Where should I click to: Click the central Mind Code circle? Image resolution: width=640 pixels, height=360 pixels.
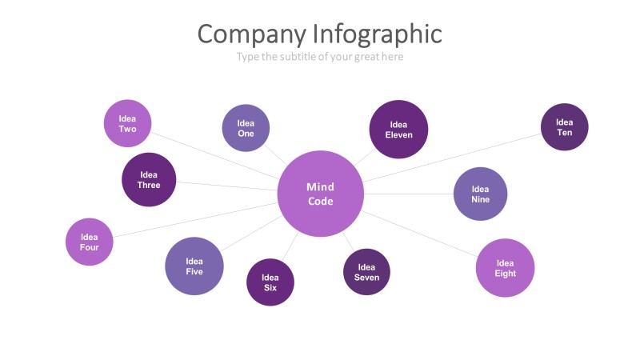coord(320,194)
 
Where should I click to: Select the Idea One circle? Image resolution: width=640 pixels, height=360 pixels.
coord(246,128)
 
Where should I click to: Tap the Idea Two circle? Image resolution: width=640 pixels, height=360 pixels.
coord(127,123)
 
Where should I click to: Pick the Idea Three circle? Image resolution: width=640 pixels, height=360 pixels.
coord(149,179)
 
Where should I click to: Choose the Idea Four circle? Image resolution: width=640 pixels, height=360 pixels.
coord(89,242)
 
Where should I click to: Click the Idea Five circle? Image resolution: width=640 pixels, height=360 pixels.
coord(194,266)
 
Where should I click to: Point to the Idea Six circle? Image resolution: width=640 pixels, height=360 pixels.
coord(270,282)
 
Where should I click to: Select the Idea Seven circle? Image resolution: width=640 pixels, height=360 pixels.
coord(366,272)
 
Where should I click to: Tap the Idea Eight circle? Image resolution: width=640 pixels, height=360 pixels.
coord(505,268)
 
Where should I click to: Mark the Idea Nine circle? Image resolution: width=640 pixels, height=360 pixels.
coord(480,194)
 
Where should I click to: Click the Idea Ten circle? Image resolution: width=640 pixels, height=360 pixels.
coord(565,127)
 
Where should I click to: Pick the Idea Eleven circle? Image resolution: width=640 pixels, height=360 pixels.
coord(398,130)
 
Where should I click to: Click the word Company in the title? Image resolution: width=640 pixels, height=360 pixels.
coord(251,34)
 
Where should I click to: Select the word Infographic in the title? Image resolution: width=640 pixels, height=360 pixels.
coord(377,34)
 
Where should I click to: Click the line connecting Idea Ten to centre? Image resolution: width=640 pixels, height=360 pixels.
coord(456,156)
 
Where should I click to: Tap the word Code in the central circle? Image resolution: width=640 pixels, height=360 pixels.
coord(320,202)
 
